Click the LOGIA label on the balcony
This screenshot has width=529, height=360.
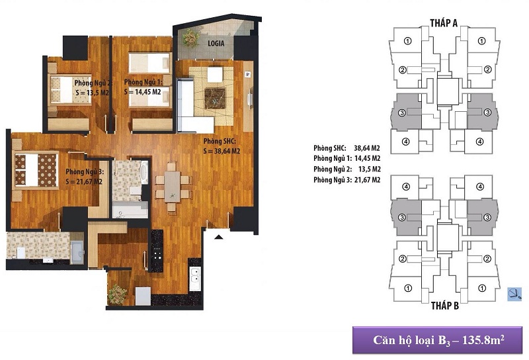click(x=215, y=43)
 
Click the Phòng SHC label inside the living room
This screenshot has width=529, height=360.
click(x=220, y=142)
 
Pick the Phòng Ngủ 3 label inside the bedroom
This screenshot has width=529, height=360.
click(x=83, y=171)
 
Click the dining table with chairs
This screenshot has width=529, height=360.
click(x=172, y=185)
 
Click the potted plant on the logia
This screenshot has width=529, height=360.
click(x=190, y=37)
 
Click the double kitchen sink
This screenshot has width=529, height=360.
click(x=194, y=279)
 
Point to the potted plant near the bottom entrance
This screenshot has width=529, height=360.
click(x=118, y=292)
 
